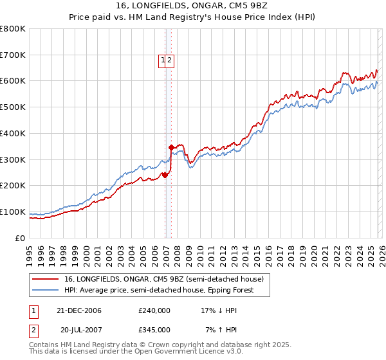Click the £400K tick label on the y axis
click(x=12, y=133)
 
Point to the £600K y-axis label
click(x=12, y=81)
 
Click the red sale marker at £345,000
click(x=172, y=148)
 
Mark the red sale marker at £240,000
click(x=165, y=175)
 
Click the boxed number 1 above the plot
click(x=163, y=61)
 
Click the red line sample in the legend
click(x=46, y=280)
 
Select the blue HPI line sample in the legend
click(x=46, y=290)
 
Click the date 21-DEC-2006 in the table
click(x=78, y=310)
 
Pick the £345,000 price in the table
click(x=154, y=329)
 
